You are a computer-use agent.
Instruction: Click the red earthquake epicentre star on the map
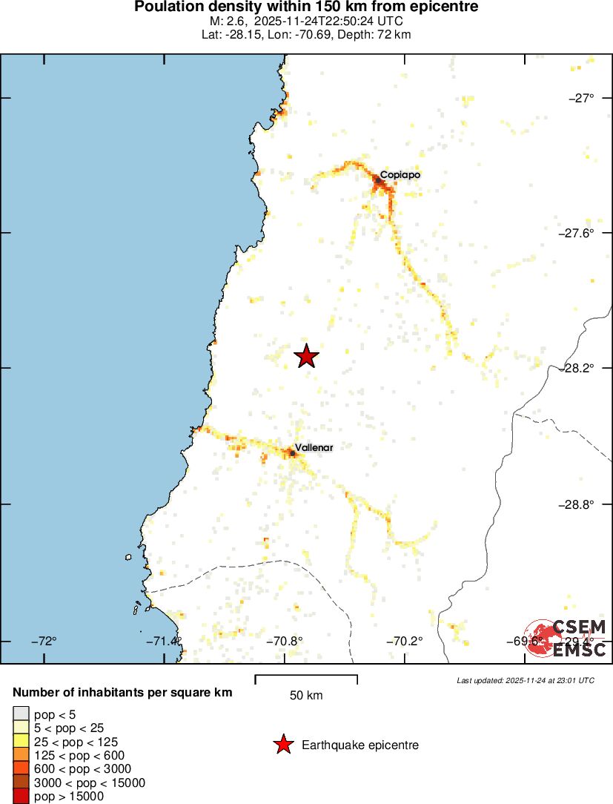click(306, 357)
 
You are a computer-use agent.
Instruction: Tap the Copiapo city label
click(400, 175)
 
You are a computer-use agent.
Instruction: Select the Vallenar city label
click(314, 448)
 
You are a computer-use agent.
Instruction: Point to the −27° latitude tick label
click(581, 97)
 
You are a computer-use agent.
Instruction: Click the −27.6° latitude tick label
click(576, 233)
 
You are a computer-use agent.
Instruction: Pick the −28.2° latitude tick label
click(576, 368)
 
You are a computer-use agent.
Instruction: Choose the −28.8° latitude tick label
click(576, 504)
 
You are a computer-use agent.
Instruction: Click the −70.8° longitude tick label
click(285, 641)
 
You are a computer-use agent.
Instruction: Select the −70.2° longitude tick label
click(407, 641)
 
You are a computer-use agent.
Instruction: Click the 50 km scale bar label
click(305, 696)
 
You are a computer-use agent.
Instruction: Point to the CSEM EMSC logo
click(567, 638)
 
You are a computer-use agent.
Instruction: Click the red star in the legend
click(282, 745)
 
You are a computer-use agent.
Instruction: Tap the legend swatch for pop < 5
click(21, 715)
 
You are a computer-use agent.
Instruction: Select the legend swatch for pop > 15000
click(21, 797)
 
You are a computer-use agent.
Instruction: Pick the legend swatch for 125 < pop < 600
click(21, 756)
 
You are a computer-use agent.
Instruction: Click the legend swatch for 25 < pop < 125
click(21, 742)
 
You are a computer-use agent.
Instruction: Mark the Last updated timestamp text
click(525, 680)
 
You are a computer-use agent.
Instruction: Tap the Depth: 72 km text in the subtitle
click(377, 34)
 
